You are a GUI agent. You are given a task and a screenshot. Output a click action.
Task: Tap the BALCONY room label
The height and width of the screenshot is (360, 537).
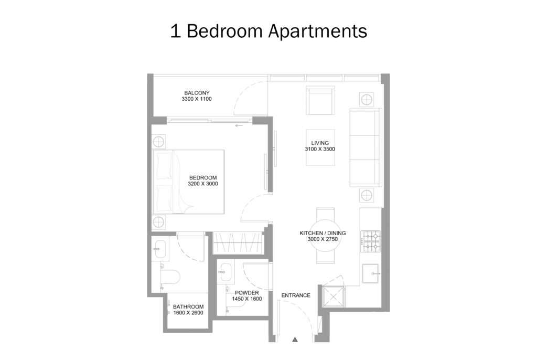coord(197,93)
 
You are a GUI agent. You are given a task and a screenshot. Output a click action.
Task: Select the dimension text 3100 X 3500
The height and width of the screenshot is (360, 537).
coord(320,149)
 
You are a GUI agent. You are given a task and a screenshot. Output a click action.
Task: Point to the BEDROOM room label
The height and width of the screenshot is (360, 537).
coord(203,177)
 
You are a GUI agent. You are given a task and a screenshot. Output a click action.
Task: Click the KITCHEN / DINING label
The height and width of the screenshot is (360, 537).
coord(323,233)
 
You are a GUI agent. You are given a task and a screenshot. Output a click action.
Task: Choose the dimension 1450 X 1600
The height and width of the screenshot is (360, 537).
coord(247,299)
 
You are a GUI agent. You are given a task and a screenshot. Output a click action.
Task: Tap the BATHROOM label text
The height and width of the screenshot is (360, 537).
coord(188,307)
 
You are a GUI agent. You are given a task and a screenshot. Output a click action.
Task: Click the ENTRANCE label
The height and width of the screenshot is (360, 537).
coord(296,295)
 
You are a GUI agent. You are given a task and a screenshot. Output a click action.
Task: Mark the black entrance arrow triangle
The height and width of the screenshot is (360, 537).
coord(295,340)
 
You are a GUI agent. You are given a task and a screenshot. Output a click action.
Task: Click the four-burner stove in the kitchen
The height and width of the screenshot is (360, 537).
coord(371,241)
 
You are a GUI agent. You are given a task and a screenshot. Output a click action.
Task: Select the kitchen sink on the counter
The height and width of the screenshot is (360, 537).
coord(370,273)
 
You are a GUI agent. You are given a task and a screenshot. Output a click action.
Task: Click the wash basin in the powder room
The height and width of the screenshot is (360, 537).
coord(227,271)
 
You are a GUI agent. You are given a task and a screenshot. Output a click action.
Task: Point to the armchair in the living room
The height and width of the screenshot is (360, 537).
coord(320,100)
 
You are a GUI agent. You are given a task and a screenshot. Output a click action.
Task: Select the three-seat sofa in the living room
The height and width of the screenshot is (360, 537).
coord(366,147)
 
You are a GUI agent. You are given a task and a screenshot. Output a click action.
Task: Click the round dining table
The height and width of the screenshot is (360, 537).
coord(325,236)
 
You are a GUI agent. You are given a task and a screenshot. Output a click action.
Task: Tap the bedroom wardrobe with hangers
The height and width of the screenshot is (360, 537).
coord(238,243)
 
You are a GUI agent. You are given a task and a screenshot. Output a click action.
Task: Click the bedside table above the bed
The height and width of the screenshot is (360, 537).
coord(158,142)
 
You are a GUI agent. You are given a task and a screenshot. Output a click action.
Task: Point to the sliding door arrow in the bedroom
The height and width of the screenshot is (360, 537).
coord(239,125)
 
